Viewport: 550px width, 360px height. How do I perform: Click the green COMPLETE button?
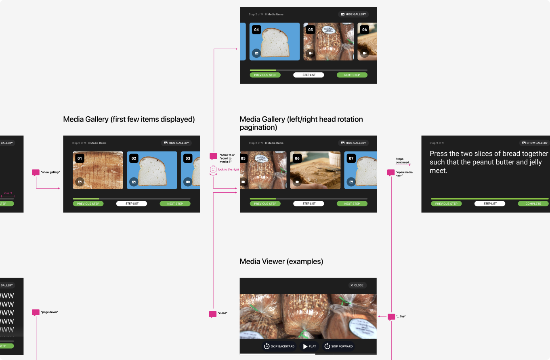point(533,204)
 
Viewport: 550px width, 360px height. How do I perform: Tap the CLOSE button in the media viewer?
point(357,285)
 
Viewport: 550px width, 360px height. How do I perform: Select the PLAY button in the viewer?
point(309,346)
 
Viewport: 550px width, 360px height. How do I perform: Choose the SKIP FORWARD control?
point(338,346)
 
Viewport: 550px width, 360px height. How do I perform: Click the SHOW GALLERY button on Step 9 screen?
point(534,143)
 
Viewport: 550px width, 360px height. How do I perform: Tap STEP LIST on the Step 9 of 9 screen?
point(490,204)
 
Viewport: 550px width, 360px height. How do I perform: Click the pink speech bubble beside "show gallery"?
point(36,173)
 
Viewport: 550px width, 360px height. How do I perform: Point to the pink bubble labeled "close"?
point(212,314)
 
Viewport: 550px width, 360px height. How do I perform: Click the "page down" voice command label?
point(49,312)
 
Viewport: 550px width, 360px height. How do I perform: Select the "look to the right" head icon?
point(213,170)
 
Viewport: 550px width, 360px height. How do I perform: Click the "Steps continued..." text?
point(403,161)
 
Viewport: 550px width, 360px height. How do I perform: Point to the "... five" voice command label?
point(401,316)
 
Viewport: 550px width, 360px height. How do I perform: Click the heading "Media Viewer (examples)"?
point(281,261)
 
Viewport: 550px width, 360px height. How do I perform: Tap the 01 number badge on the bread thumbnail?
point(80,158)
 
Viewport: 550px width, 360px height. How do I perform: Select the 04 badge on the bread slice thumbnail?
point(256,29)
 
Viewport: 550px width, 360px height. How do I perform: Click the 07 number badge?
point(351,158)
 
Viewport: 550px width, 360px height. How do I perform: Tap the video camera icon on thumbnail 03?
point(188,182)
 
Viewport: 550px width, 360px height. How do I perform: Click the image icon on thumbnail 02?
point(134,182)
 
